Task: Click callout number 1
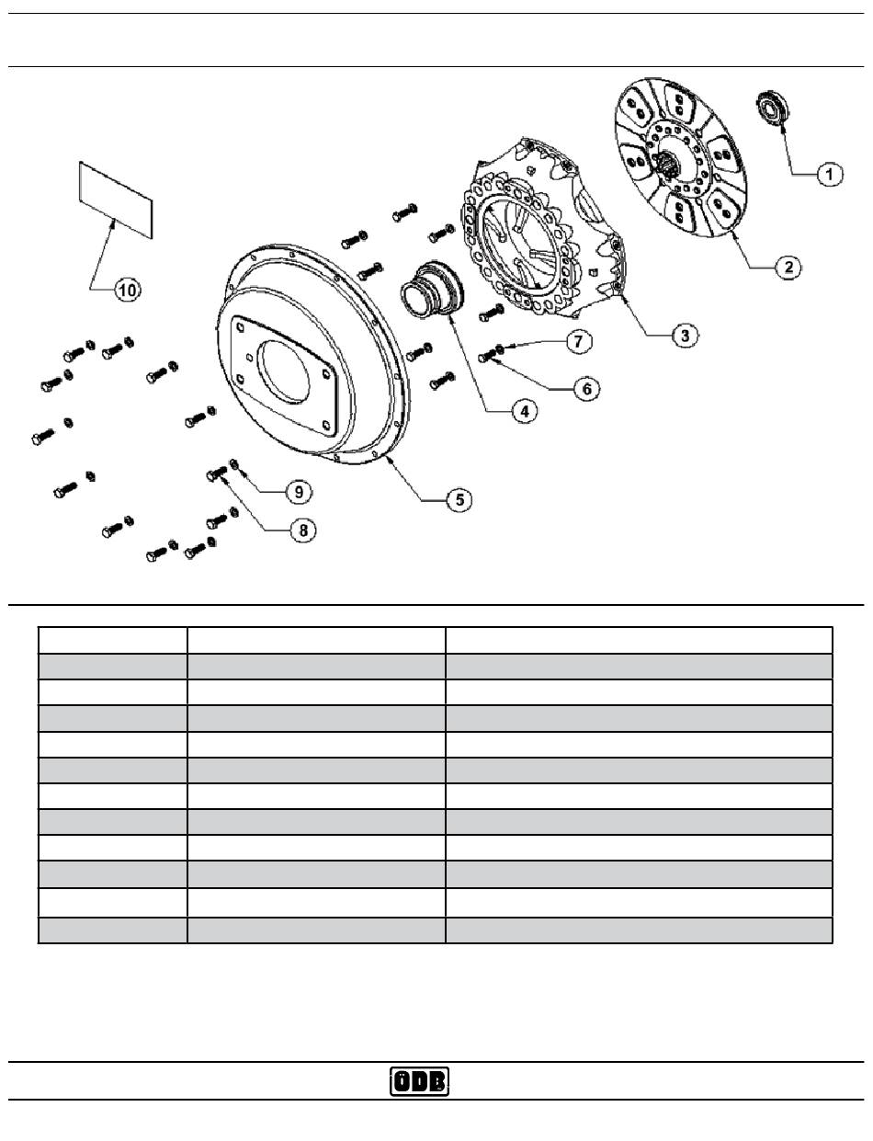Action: [828, 173]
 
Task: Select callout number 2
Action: [788, 268]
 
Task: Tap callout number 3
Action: [683, 335]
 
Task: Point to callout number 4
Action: [524, 413]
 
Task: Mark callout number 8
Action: [303, 530]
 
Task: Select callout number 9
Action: [297, 492]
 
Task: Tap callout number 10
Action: [127, 290]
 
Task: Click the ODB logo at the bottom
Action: [420, 1082]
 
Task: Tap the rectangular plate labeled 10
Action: [114, 196]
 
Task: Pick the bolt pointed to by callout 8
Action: [217, 474]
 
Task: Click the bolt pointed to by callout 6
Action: [487, 359]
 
